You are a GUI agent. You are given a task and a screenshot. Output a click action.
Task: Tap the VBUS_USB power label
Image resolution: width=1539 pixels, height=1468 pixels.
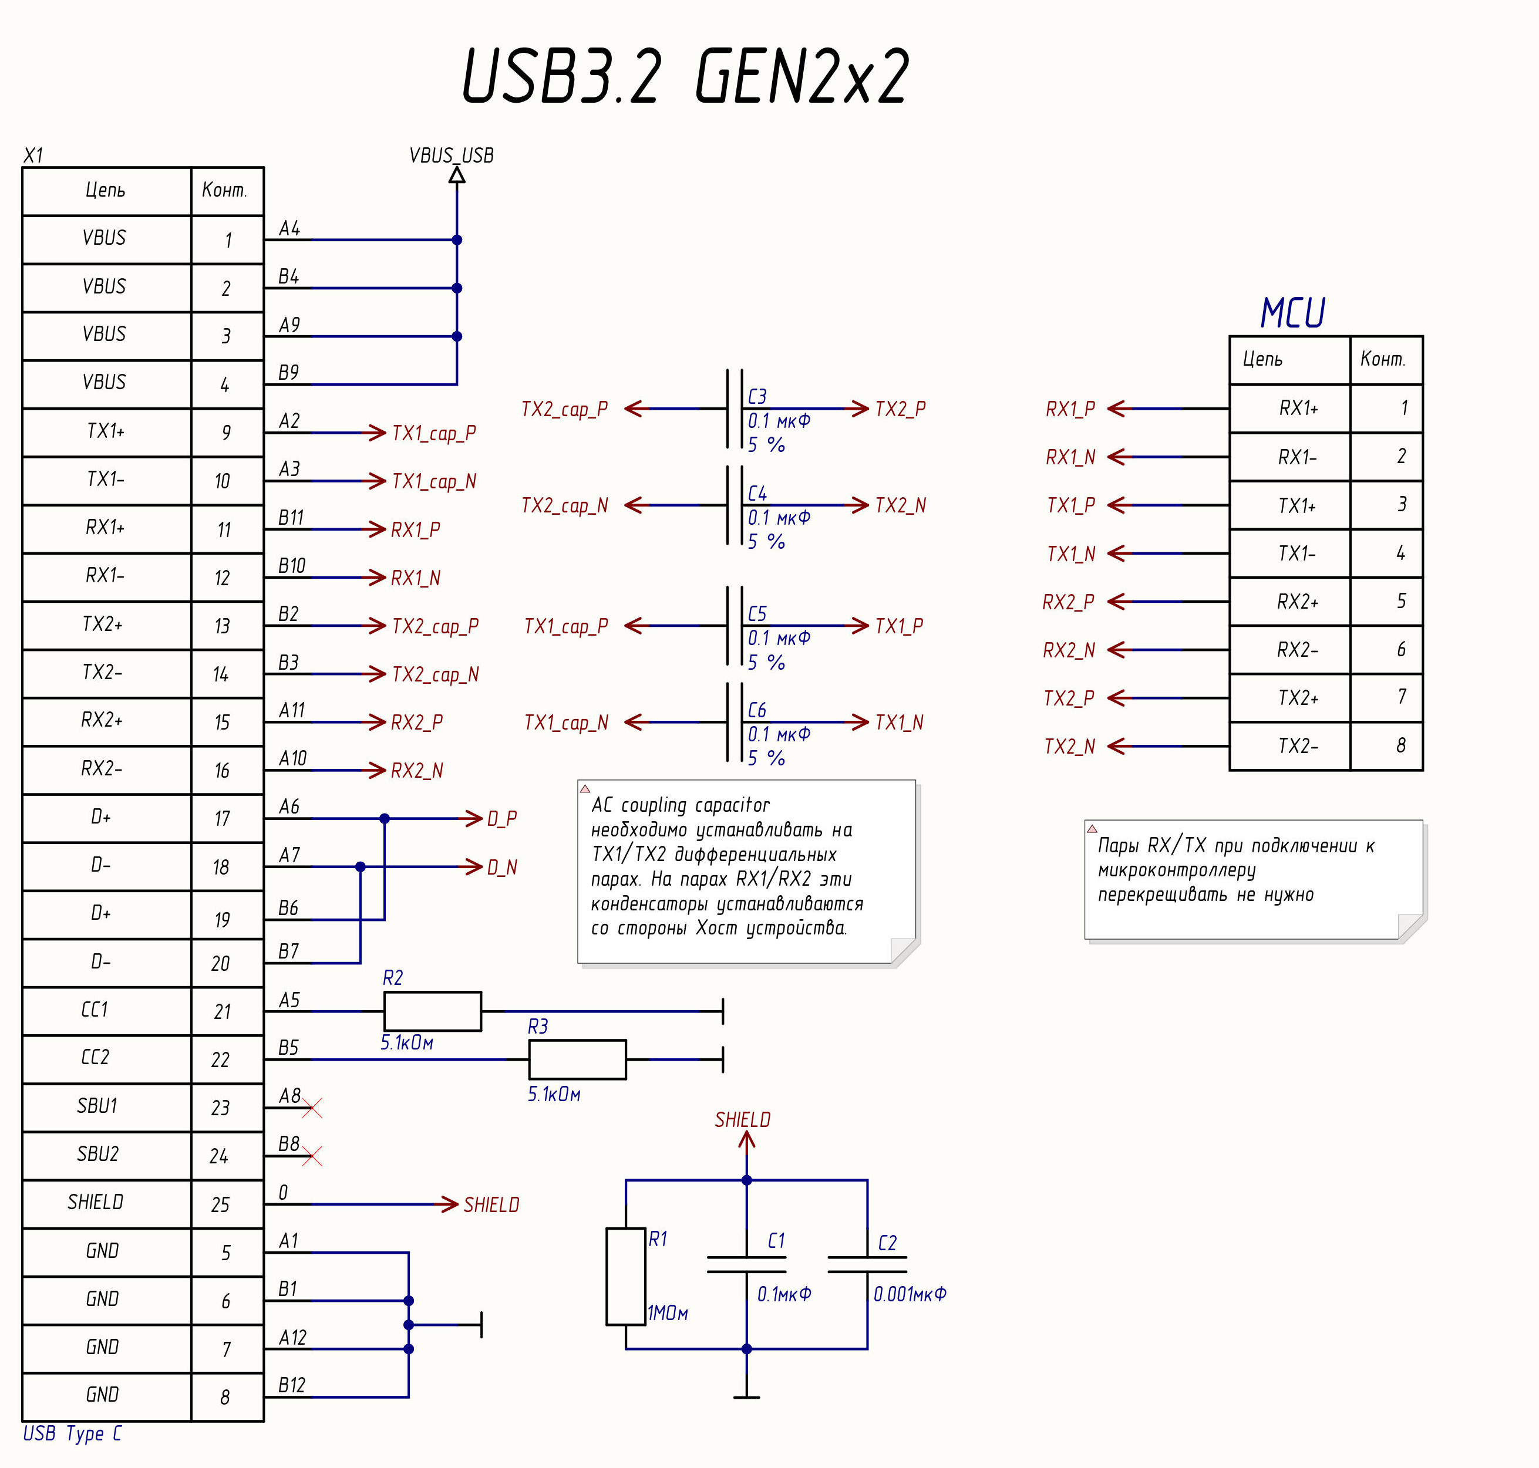click(452, 156)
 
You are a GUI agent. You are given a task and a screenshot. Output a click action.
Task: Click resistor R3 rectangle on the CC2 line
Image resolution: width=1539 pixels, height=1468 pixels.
click(577, 1059)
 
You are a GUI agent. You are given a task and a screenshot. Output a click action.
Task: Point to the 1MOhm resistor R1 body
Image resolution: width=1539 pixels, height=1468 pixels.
click(625, 1276)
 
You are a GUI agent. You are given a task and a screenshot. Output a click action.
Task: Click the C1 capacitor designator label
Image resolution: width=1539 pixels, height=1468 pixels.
click(776, 1241)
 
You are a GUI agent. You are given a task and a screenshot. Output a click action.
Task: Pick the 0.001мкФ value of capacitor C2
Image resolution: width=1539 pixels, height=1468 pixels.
click(910, 1294)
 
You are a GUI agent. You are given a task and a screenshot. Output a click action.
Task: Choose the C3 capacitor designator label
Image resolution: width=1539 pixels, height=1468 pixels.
click(757, 397)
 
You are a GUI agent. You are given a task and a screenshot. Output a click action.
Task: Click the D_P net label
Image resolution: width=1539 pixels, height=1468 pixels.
click(502, 818)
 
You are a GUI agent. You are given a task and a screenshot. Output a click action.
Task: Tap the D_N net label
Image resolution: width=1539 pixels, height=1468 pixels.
click(502, 867)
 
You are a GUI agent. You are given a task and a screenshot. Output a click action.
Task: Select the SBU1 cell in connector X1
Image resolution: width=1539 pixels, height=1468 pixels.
click(98, 1106)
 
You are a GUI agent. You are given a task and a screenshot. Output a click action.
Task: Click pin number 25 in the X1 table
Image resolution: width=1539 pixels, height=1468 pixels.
click(221, 1204)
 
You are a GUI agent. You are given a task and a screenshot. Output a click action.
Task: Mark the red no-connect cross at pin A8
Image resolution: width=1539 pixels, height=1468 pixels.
click(312, 1108)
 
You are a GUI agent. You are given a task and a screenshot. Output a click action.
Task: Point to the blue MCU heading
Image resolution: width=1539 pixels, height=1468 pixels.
click(1292, 313)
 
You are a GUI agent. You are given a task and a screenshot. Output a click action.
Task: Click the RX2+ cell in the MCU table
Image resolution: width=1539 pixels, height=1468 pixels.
click(1297, 602)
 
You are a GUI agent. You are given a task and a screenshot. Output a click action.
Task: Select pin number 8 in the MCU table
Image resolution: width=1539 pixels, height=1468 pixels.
click(1400, 745)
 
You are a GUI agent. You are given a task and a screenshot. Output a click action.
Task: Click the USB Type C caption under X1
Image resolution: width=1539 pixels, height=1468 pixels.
click(72, 1433)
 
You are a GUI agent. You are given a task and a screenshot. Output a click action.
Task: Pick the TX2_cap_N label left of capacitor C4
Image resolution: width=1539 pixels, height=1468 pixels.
click(564, 505)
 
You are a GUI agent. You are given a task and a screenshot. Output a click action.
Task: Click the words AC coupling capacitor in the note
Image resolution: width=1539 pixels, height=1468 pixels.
click(681, 805)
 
